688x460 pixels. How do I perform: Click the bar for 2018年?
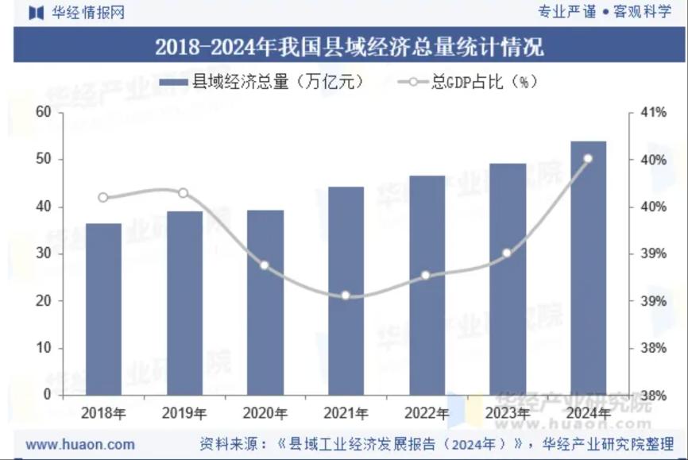click(x=103, y=309)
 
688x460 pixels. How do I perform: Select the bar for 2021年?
click(x=346, y=291)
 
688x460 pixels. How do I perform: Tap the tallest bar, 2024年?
click(x=588, y=268)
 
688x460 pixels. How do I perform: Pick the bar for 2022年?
click(x=427, y=285)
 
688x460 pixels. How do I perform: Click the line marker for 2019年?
click(x=184, y=193)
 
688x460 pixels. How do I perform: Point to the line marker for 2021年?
click(x=346, y=296)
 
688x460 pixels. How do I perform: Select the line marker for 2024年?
click(x=588, y=159)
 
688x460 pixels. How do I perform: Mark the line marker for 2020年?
click(x=265, y=265)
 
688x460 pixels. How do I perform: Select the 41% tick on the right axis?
click(x=653, y=113)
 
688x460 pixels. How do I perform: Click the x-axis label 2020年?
click(x=265, y=413)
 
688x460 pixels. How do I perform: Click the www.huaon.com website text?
click(x=80, y=444)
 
